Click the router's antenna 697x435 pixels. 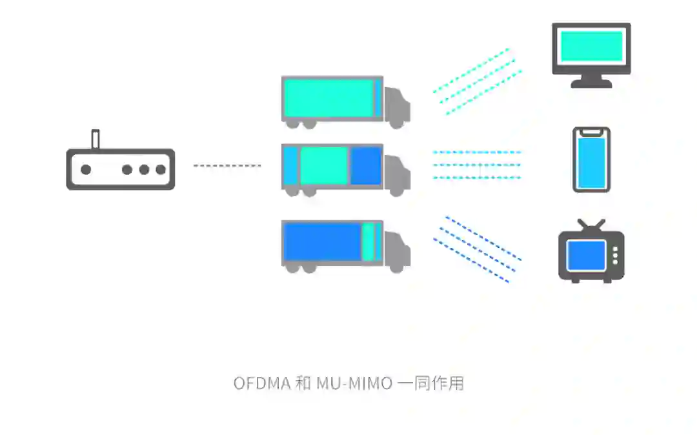(95, 139)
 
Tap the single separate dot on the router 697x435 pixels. (86, 170)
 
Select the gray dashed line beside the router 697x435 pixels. (227, 166)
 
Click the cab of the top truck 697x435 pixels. (397, 106)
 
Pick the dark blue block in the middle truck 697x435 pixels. (366, 166)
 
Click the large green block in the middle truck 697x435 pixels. (324, 166)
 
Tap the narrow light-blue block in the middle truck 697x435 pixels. (291, 166)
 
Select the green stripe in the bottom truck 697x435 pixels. (369, 241)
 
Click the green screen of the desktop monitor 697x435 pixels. (591, 46)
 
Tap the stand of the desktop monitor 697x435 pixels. (591, 81)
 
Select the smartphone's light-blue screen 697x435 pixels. (591, 163)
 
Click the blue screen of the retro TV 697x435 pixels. (586, 256)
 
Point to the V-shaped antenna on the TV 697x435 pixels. (591, 225)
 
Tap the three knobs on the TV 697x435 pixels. (615, 255)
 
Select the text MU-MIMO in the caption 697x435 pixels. (354, 383)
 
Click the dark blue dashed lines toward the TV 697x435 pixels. (477, 248)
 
